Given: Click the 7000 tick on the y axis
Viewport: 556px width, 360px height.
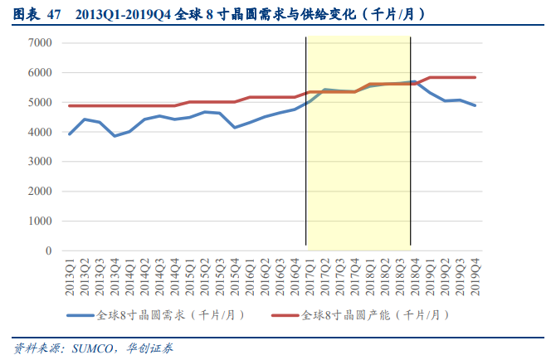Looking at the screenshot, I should tap(40, 43).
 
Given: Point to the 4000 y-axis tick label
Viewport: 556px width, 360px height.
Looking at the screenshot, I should tap(40, 132).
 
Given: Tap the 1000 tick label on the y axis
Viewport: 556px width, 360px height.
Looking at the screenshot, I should tap(40, 221).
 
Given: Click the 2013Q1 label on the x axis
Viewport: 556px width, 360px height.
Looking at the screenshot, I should tap(71, 274).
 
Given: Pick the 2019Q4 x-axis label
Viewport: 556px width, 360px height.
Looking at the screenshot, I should tap(476, 274).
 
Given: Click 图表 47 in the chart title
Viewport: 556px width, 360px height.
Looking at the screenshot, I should tap(38, 14).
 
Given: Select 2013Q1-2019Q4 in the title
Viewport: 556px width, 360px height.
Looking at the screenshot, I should tap(124, 14).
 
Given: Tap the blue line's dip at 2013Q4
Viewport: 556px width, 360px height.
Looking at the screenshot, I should tap(115, 135).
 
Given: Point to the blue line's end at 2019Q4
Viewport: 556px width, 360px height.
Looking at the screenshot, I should tap(476, 105).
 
